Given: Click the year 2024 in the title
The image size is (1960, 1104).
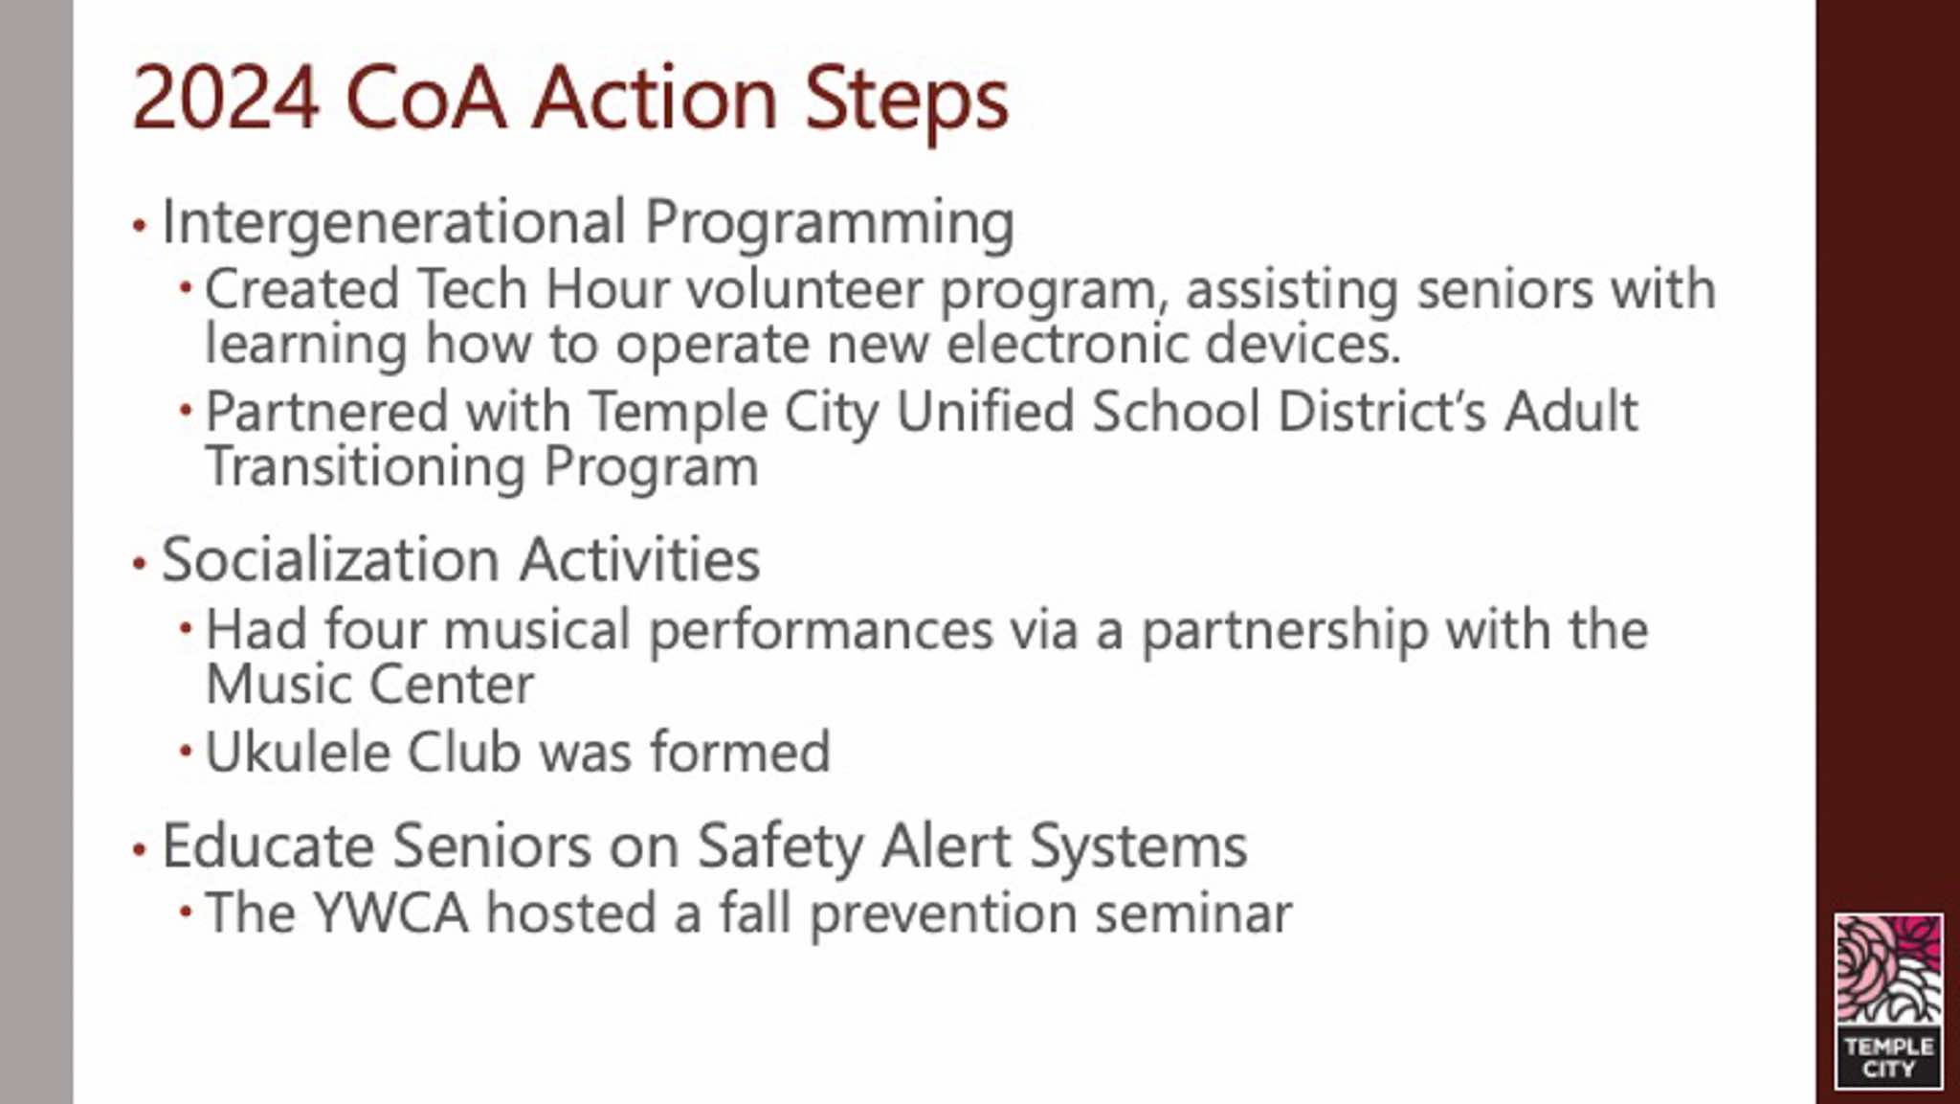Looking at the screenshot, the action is point(225,98).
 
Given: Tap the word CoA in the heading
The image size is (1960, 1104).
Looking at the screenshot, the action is point(425,98).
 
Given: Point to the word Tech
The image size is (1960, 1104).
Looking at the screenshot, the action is point(472,288).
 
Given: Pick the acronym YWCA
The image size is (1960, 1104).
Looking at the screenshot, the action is point(390,912).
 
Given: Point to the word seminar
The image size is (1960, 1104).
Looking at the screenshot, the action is point(1192,914).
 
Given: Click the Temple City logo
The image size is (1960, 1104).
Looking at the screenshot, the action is point(1888,1002).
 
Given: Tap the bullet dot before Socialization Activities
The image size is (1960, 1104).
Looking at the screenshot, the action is point(140,564).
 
